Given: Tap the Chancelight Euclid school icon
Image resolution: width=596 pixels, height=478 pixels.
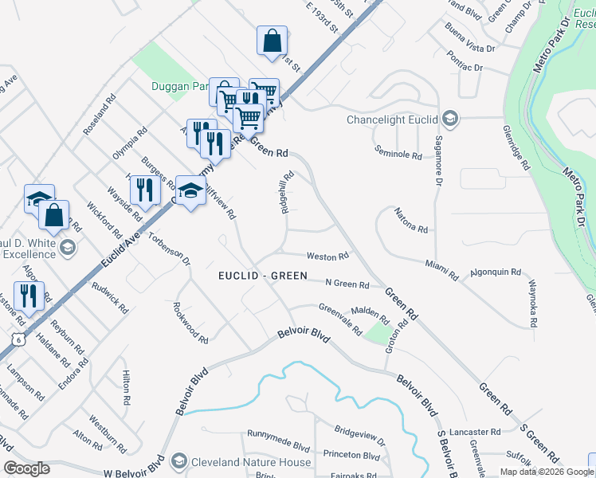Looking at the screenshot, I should click(x=450, y=119).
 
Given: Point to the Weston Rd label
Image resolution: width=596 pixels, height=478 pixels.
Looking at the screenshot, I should click(x=328, y=257).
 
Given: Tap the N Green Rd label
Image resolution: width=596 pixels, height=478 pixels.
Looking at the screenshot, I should click(x=347, y=284).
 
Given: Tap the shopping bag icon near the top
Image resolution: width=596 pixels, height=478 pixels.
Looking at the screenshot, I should click(x=272, y=40).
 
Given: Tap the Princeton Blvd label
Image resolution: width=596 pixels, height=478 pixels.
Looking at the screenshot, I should click(x=351, y=455).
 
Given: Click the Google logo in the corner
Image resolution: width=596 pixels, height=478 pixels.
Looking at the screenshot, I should click(x=26, y=468).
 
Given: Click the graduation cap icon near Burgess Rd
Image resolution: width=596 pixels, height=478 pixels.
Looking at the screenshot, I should click(x=190, y=190).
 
